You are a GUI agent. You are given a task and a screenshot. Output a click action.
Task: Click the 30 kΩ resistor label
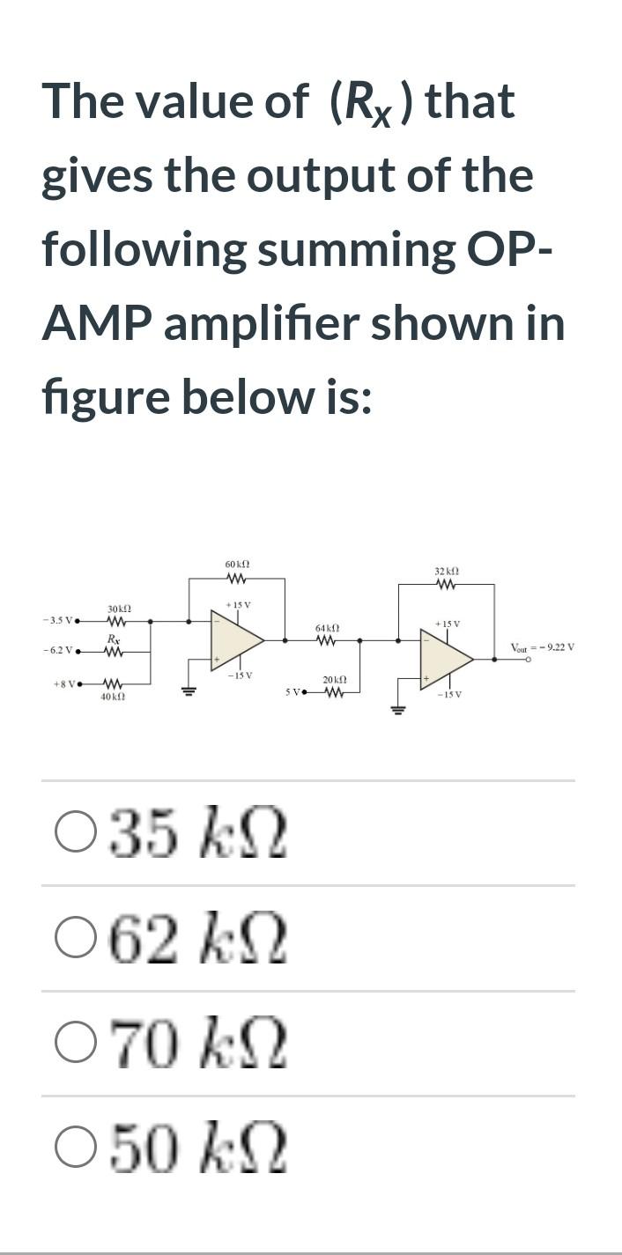[118, 609]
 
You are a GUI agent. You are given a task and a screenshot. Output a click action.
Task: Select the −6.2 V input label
[58, 652]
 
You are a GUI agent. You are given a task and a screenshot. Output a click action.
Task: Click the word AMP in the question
[96, 325]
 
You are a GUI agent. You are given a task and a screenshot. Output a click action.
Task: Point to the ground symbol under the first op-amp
[188, 690]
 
